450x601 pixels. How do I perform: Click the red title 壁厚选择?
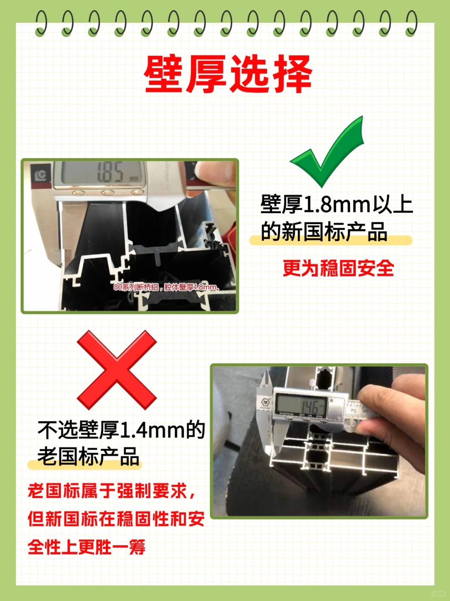(x=228, y=74)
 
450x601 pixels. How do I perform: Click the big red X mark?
(x=117, y=370)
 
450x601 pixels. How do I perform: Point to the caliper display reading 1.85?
(x=111, y=172)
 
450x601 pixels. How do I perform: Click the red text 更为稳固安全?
(x=338, y=268)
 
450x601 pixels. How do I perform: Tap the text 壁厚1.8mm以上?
(x=336, y=204)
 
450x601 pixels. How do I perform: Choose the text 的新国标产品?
(x=324, y=232)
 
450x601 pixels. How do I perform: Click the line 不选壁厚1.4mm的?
(x=121, y=430)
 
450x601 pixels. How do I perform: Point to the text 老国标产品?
(x=88, y=456)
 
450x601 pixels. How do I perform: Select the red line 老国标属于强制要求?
(x=111, y=491)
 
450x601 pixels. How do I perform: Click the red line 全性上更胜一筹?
(x=87, y=547)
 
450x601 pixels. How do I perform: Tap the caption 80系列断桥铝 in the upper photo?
(x=136, y=287)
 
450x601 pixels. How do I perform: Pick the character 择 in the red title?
(x=292, y=74)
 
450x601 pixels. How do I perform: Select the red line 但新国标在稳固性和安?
(x=116, y=519)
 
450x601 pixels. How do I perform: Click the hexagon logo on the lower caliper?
(x=265, y=402)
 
